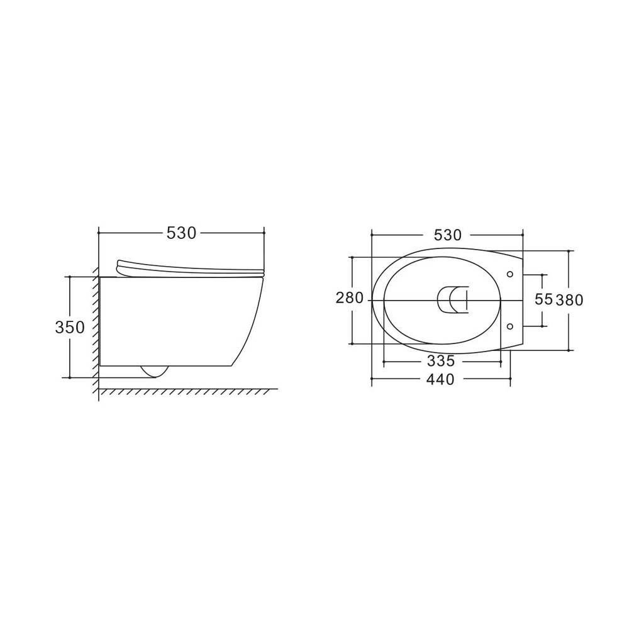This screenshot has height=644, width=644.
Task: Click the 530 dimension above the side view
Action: click(x=181, y=233)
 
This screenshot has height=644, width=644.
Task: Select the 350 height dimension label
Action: click(x=70, y=327)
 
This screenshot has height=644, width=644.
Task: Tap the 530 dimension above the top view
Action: click(x=448, y=235)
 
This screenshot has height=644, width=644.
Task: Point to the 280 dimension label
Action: click(x=350, y=297)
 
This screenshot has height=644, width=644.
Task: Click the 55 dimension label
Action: click(x=543, y=299)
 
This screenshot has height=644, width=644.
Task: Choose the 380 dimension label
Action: click(x=569, y=300)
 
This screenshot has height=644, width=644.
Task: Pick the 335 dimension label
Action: click(x=441, y=361)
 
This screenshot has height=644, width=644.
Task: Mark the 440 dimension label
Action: click(x=440, y=379)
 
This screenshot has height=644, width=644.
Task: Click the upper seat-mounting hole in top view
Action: click(x=510, y=274)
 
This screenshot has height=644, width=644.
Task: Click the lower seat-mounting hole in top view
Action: click(x=510, y=326)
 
